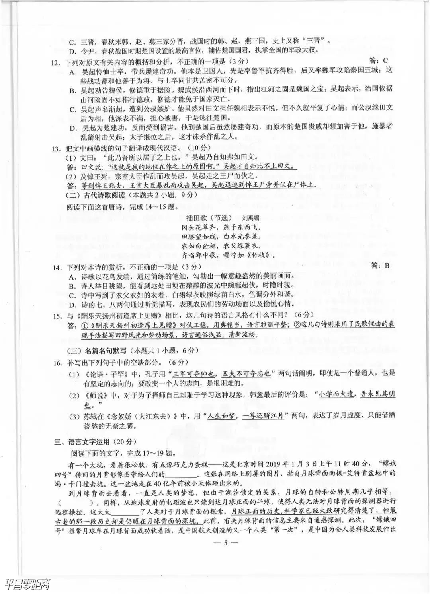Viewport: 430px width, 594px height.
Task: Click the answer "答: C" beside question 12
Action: click(378, 60)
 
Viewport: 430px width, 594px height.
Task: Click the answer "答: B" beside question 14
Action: click(380, 266)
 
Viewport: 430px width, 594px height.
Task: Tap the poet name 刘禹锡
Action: click(250, 218)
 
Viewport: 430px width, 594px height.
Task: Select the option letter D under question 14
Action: click(72, 305)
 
